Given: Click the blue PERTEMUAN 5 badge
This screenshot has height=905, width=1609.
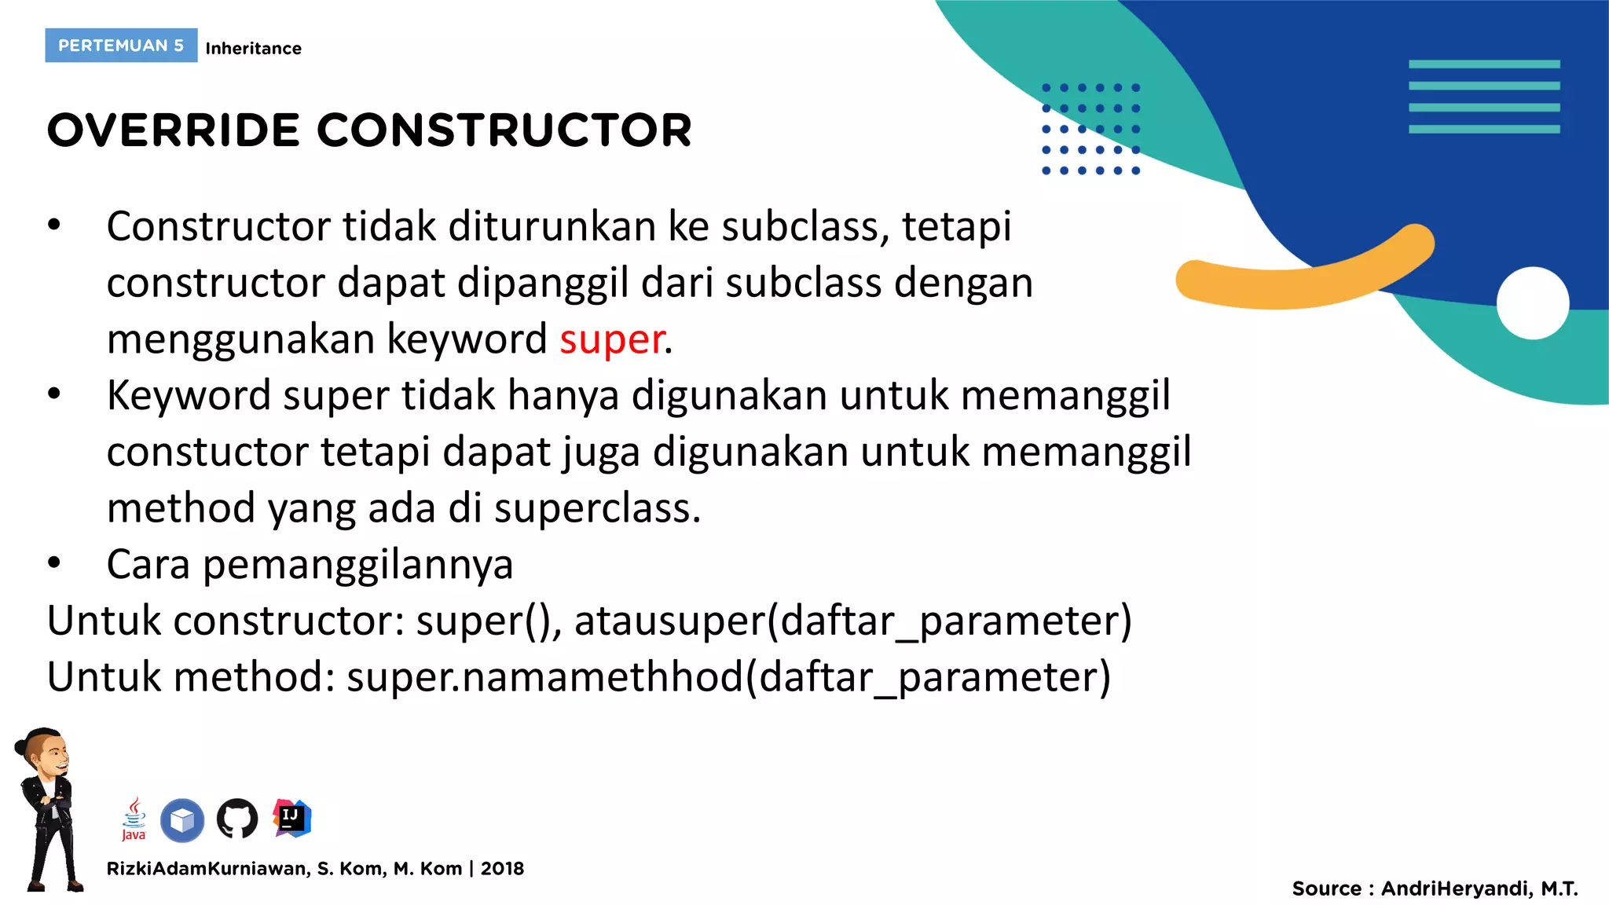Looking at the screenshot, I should (121, 46).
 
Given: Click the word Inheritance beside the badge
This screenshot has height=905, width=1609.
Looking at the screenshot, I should (253, 49).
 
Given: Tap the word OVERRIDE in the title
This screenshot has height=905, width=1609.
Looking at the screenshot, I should (173, 130).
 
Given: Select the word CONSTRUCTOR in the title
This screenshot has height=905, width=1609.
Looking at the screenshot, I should (504, 130).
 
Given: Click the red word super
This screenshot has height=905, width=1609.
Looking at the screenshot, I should (612, 340).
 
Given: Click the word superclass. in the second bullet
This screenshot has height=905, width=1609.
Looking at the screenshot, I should (597, 508).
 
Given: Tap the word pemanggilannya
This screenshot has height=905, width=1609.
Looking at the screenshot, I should (357, 566).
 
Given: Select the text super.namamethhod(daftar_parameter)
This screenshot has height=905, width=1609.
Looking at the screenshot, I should (728, 677).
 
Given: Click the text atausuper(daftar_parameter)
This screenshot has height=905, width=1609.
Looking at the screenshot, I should (852, 621).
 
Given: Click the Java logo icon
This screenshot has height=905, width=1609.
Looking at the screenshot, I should (134, 819).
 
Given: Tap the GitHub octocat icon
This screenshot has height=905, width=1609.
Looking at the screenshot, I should (237, 819).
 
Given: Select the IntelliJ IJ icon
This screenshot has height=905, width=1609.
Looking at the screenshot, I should (291, 818).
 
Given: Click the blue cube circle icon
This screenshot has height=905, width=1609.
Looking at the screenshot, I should (182, 820).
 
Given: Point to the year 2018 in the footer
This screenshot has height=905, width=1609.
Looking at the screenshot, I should (502, 869).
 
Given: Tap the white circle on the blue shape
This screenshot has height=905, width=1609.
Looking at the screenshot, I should (1532, 303).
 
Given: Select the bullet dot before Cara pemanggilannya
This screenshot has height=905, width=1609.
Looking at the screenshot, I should (53, 563).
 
